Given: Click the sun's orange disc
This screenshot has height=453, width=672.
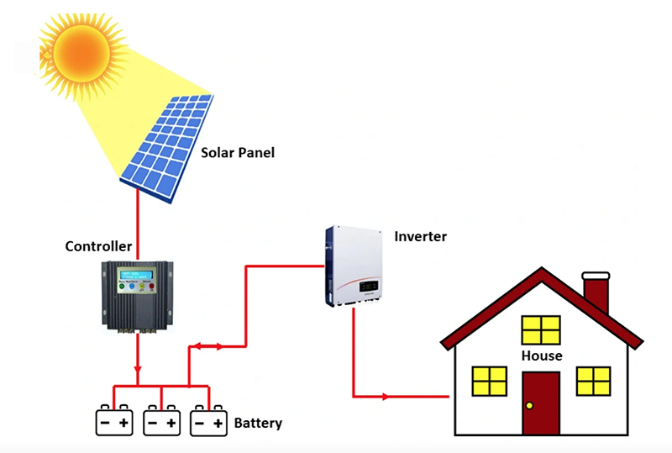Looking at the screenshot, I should [81, 46].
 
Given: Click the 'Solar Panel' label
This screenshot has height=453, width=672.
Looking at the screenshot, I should [238, 153].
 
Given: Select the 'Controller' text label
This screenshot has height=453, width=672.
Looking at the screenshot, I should [98, 246].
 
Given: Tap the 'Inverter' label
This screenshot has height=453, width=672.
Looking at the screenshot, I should [420, 236].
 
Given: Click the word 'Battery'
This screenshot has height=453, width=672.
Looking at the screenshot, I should [258, 423].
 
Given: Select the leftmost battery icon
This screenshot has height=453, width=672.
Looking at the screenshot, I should [113, 420].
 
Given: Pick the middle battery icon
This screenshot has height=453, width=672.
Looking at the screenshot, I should [161, 420].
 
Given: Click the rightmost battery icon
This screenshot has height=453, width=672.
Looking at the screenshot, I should [209, 420].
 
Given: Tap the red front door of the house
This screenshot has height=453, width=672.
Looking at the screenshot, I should [540, 402].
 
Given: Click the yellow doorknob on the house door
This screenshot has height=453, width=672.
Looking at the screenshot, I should [529, 406].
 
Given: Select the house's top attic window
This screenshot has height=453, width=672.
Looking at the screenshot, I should [540, 329].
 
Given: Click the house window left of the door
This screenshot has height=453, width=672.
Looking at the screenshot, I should [490, 381].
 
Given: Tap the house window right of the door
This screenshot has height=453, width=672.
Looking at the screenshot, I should [593, 381].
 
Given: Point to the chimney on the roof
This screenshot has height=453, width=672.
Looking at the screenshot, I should [596, 293].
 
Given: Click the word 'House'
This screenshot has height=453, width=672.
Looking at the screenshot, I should [541, 356].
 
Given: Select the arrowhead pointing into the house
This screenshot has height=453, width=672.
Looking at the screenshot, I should [386, 395].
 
